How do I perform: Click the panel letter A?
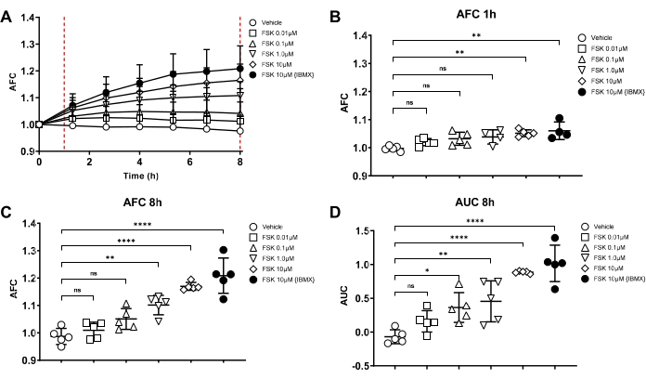(x=7, y=10)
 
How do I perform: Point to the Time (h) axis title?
(x=139, y=176)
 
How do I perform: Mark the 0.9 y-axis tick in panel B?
(x=361, y=175)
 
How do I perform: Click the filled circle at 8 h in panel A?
(x=239, y=69)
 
